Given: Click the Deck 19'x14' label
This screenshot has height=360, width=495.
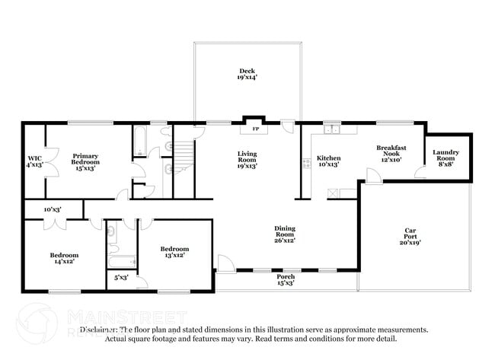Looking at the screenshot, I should coord(247,74).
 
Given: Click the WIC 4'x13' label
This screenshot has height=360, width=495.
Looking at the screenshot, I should coord(34,160).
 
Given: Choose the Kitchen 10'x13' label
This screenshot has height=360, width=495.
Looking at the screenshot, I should coord(327,161).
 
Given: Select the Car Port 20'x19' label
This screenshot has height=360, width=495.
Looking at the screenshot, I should coord(410,237).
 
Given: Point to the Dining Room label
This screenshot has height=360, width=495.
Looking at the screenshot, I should coord(285,234).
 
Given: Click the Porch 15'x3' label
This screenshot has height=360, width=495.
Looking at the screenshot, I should coord(285,280).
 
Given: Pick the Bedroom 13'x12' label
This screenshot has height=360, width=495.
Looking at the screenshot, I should coord(174,252).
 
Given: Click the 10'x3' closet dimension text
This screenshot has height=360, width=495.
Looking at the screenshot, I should coord(52,209).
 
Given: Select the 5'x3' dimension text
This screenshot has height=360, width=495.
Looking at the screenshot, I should coord(121,278).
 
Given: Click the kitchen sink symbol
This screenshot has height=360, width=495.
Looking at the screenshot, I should coord(331,129).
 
